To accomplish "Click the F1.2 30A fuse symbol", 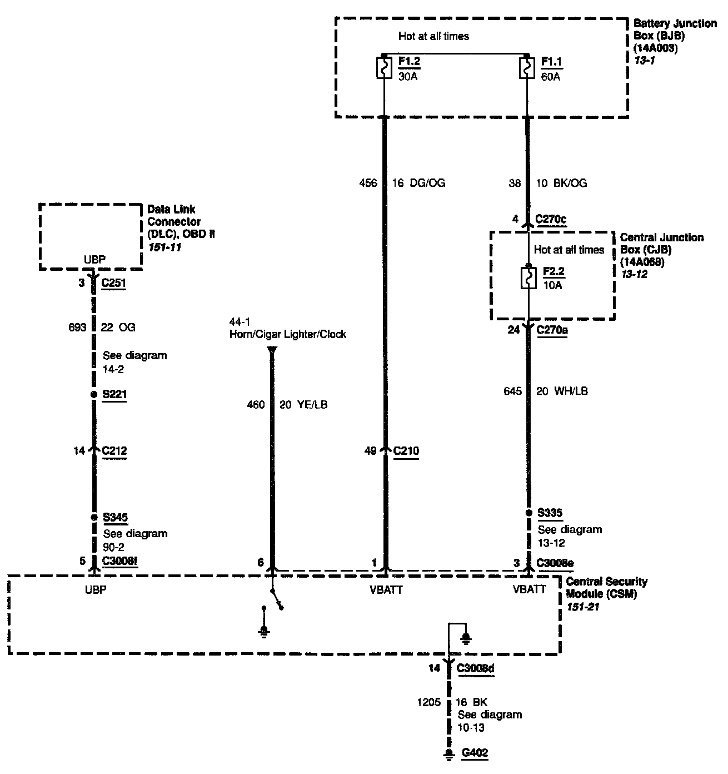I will (384, 67).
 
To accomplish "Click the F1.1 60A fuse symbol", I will (526, 67).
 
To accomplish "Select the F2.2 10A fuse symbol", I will (527, 278).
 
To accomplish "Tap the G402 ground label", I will (475, 753).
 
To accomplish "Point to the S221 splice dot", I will (93, 395).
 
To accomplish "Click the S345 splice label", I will (116, 518).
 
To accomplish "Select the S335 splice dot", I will (528, 513).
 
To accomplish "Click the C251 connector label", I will (114, 283).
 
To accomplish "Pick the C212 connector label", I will (114, 450).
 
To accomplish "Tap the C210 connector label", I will (406, 450).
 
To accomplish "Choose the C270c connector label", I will (551, 219).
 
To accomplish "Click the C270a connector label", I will (552, 330).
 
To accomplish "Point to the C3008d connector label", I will (475, 668).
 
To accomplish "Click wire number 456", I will (368, 183).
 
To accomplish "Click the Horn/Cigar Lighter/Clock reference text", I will (287, 334).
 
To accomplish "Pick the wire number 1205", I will (428, 702).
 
